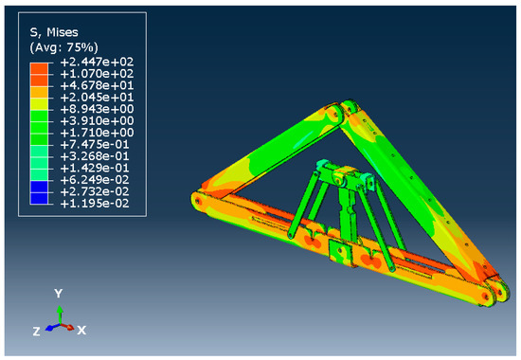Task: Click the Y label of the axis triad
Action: [x=59, y=293]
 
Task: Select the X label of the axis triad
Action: [x=82, y=329]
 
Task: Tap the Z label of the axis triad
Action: [x=36, y=331]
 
